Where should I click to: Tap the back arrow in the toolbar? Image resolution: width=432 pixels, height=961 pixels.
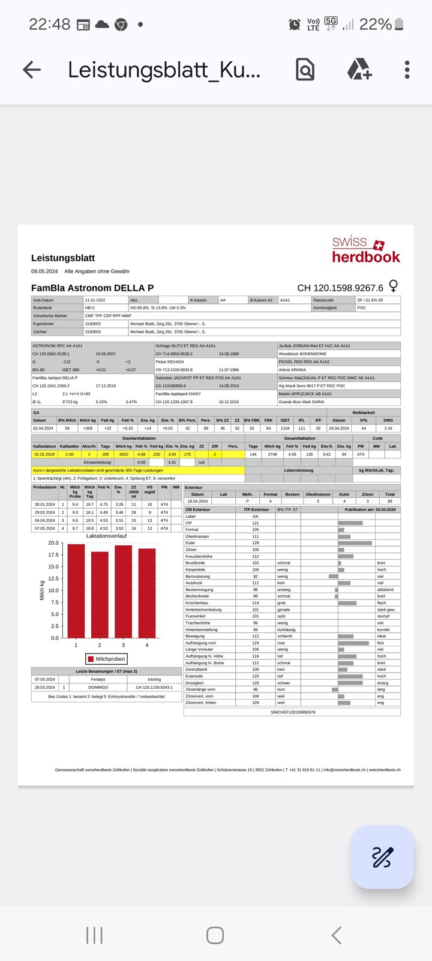[x=32, y=70]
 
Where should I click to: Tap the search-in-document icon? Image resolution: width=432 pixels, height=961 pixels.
[x=305, y=70]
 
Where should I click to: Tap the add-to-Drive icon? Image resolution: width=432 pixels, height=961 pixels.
[x=359, y=70]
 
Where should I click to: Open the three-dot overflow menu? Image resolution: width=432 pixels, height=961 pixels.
[x=407, y=70]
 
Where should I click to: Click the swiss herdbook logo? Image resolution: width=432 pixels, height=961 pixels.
[x=366, y=250]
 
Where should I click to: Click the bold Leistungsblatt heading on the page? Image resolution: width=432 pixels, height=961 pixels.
[x=63, y=258]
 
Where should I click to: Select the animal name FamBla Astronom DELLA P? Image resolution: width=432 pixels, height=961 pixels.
[x=92, y=288]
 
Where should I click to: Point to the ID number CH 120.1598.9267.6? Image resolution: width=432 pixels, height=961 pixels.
[x=340, y=288]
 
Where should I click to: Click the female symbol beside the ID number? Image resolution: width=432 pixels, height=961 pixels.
[x=394, y=285]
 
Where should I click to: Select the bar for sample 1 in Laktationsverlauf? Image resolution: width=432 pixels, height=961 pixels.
[x=76, y=591]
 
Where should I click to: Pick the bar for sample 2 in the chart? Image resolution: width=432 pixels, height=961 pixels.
[x=100, y=595]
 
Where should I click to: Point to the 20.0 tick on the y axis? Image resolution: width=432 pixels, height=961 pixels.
[x=53, y=543]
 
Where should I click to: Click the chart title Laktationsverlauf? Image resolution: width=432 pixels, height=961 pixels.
[x=106, y=536]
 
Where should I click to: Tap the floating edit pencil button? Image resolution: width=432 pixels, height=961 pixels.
[x=382, y=857]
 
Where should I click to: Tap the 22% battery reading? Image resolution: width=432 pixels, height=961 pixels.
[x=376, y=25]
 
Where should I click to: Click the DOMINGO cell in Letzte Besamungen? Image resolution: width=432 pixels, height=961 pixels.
[x=98, y=687]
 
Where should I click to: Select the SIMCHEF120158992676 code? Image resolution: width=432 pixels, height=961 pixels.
[x=293, y=712]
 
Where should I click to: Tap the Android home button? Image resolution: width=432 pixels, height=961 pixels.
[x=215, y=935]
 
